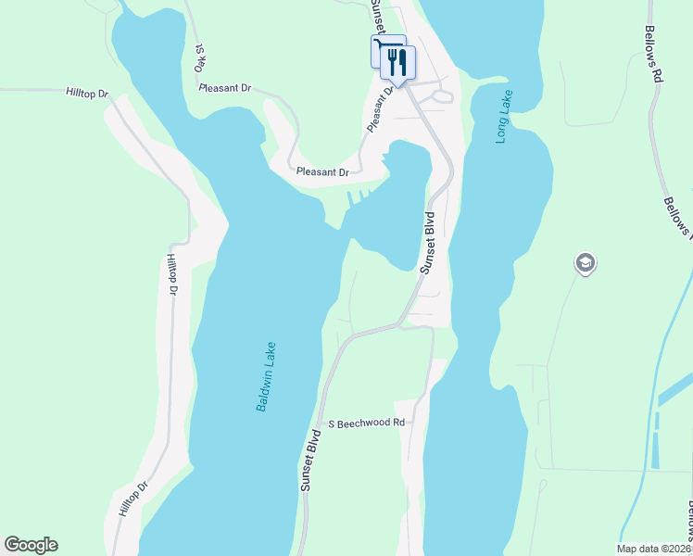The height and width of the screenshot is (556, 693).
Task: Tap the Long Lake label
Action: click(x=504, y=117)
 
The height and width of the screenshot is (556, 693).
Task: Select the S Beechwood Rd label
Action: click(x=369, y=423)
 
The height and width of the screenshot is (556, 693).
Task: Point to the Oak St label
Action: click(x=199, y=58)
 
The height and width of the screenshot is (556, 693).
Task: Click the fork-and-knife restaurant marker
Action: click(x=398, y=63)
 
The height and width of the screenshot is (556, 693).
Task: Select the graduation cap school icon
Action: click(x=585, y=264)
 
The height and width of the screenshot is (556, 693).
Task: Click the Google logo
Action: click(x=31, y=545)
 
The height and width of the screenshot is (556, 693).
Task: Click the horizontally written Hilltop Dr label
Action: click(x=88, y=94)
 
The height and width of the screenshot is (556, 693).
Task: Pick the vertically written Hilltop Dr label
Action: click(x=171, y=275)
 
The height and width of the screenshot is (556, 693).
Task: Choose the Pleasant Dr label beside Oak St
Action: click(x=225, y=88)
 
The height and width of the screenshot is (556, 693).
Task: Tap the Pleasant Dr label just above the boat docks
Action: click(x=322, y=172)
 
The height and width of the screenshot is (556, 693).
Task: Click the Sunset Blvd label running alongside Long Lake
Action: click(x=428, y=243)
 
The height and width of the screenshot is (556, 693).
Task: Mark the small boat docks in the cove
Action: click(x=360, y=196)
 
